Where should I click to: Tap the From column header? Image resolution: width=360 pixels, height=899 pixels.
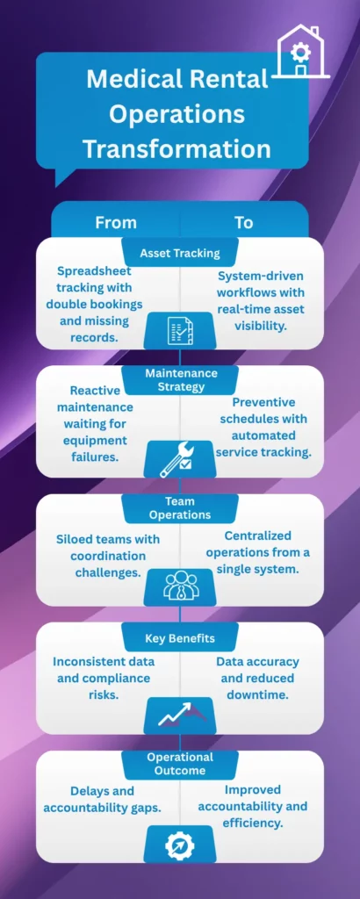point(116,222)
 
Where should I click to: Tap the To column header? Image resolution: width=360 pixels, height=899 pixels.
point(243,222)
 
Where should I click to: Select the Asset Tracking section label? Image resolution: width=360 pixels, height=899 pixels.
point(180,253)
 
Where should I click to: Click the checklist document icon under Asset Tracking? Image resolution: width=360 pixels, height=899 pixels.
point(180,330)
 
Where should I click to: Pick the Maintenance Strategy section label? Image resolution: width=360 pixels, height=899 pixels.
point(180,379)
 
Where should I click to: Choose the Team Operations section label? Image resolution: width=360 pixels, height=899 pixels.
point(180,507)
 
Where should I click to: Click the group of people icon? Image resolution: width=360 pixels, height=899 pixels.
point(180,586)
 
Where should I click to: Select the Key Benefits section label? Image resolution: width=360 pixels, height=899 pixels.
point(180,637)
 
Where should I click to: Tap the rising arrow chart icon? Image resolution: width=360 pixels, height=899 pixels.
point(180,714)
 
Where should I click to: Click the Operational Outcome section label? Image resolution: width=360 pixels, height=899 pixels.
point(180,764)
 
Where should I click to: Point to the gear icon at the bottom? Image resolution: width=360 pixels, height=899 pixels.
point(180,845)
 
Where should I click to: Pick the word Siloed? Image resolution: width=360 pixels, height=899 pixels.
point(77,539)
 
